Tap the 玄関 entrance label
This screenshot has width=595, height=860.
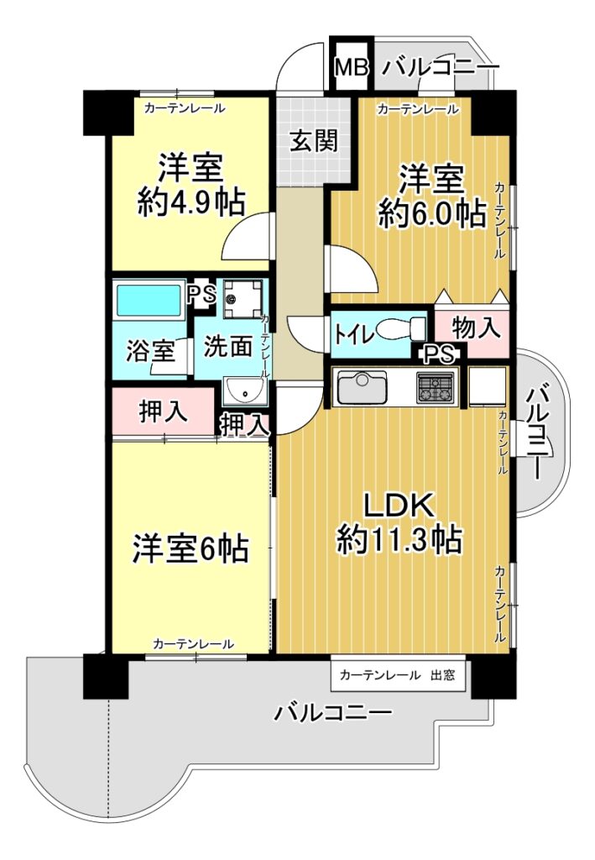[313, 141]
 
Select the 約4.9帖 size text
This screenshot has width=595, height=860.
[191, 202]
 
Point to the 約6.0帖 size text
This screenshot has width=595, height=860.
[432, 213]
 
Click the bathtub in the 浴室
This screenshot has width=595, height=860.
[149, 300]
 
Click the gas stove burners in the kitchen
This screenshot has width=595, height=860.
[436, 387]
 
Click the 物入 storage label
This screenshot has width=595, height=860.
[475, 329]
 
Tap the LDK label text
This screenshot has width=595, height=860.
[400, 506]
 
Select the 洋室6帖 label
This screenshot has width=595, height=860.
[191, 548]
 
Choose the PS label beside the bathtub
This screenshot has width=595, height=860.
[201, 296]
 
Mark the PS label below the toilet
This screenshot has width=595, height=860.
[439, 354]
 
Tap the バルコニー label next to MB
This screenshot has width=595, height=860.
[441, 68]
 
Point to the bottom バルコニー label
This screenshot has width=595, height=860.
[333, 712]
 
